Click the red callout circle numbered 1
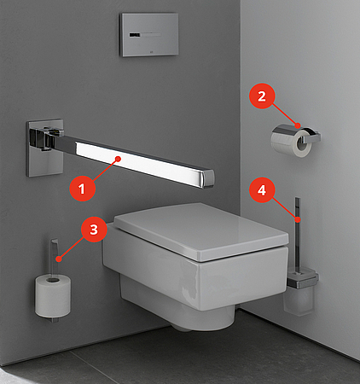point(82,189)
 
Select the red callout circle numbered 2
point(262,96)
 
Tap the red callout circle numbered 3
point(94,229)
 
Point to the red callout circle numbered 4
point(262,189)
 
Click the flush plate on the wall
point(149,34)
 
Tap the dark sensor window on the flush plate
point(135,35)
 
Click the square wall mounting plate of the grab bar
point(44,148)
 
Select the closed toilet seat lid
point(200,231)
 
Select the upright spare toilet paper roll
point(53,296)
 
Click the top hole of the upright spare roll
point(53,281)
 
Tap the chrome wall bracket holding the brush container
point(303,279)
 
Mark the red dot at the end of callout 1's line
point(118,159)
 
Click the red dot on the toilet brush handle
point(298,219)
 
